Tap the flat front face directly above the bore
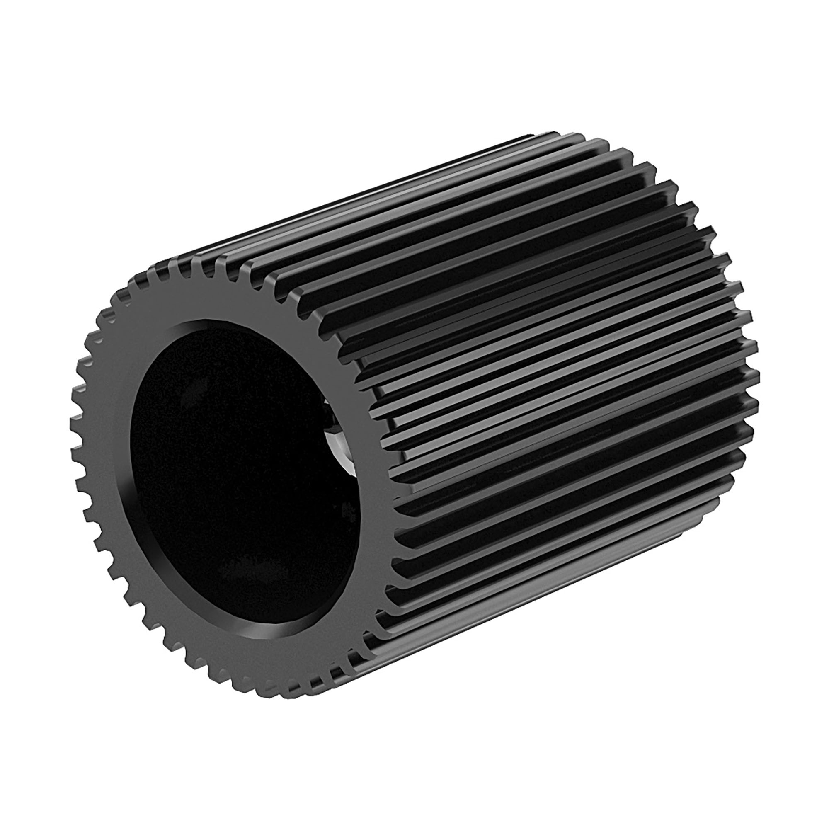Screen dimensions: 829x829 pyautogui.click(x=215, y=301)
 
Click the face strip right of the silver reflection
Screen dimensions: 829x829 pyautogui.click(x=365, y=451)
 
